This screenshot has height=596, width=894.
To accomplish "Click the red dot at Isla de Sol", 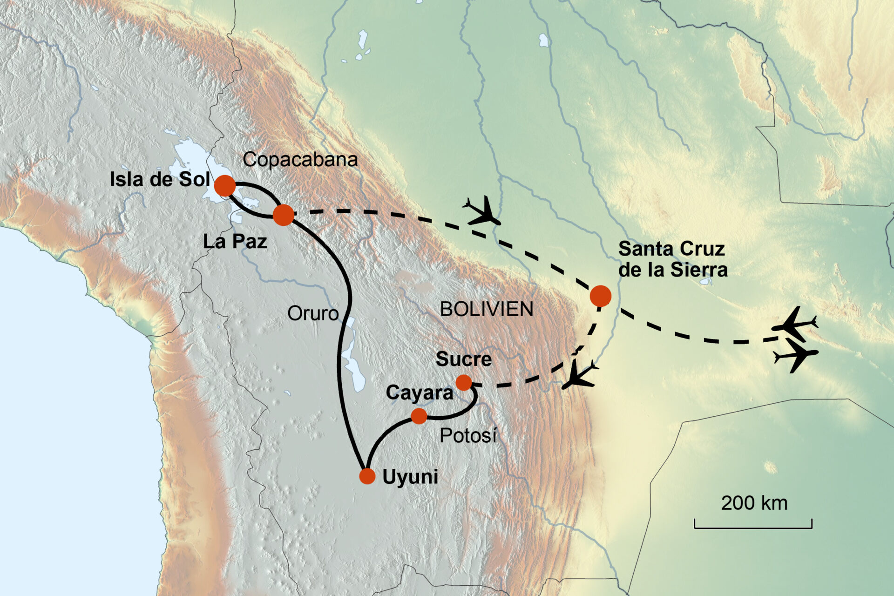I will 225,186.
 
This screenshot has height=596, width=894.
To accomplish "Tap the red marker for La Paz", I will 283,215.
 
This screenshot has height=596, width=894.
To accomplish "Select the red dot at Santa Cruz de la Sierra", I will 600,296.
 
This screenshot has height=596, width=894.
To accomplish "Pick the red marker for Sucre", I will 464,383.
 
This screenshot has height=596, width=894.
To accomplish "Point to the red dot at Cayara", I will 419,416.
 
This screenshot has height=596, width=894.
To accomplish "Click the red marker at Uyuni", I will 367,476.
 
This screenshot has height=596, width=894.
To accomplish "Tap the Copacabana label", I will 300,160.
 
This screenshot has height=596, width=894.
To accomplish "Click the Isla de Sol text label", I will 159,180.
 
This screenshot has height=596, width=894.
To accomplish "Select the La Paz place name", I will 235,241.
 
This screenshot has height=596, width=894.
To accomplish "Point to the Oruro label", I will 313,313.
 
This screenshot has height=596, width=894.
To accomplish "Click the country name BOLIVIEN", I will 487,309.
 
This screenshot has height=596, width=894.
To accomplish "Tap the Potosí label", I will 468,436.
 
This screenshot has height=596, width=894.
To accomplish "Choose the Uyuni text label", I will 410,477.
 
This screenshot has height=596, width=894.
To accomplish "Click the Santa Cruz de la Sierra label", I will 672,259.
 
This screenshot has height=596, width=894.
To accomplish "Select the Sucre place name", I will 464,359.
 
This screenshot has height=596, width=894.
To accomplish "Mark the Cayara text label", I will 419,393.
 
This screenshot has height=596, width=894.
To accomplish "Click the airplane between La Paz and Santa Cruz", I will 482,211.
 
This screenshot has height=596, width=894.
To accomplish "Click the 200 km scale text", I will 754,503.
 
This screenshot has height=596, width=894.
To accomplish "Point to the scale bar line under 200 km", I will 753,528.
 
